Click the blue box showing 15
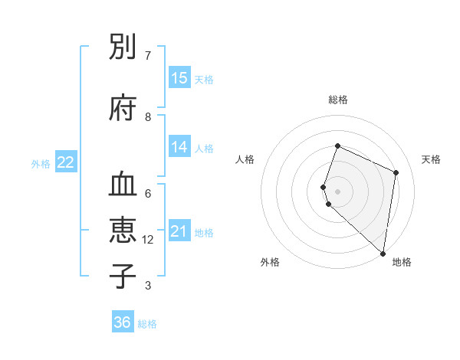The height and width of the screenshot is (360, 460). tap(179, 78)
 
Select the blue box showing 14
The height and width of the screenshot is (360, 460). tap(179, 147)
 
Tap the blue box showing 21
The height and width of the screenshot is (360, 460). tap(179, 231)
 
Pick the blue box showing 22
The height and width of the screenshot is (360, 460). tap(66, 162)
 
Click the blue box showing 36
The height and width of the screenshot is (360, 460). tap(123, 322)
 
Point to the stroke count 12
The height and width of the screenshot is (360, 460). tap(148, 240)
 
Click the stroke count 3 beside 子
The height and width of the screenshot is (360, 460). tap(148, 286)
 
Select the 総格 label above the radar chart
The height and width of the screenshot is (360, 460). tap(337, 100)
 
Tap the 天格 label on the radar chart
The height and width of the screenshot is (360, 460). tap(431, 159)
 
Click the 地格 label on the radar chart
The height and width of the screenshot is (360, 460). tap(402, 262)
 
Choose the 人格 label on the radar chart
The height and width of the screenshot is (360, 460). tap(245, 159)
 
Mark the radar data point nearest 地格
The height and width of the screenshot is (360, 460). tap(383, 254)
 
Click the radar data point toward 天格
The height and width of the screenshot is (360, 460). tap(396, 172)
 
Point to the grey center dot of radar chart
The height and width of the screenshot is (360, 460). tap(337, 191)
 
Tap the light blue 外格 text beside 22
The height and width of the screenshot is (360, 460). tap(41, 163)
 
